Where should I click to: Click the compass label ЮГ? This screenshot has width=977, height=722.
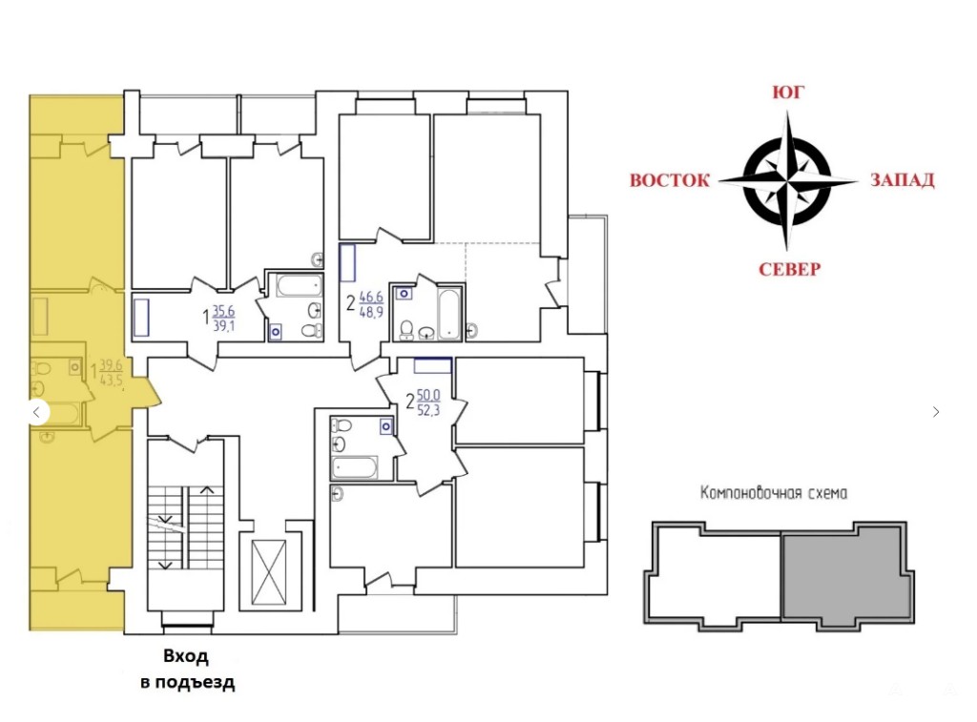pyautogui.click(x=788, y=93)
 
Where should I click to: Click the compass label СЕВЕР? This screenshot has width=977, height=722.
pyautogui.click(x=789, y=269)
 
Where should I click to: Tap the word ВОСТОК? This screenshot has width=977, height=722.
pyautogui.click(x=670, y=180)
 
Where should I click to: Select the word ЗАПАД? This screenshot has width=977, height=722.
pyautogui.click(x=903, y=180)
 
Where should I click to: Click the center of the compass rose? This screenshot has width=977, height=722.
pyautogui.click(x=787, y=181)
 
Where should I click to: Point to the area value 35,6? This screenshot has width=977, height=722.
pyautogui.click(x=223, y=311)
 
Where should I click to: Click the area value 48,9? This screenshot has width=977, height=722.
pyautogui.click(x=371, y=312)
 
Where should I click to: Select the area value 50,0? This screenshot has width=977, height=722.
pyautogui.click(x=428, y=395)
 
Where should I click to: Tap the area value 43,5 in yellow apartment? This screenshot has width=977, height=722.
pyautogui.click(x=111, y=380)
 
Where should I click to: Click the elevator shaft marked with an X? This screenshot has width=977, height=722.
pyautogui.click(x=268, y=572)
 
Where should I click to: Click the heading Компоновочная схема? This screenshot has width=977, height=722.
pyautogui.click(x=774, y=493)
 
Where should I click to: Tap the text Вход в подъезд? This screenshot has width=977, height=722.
pyautogui.click(x=187, y=669)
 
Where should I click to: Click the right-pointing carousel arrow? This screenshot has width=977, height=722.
pyautogui.click(x=936, y=412)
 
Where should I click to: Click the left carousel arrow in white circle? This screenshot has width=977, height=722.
pyautogui.click(x=37, y=412)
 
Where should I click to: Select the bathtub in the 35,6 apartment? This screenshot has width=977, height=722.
pyautogui.click(x=299, y=286)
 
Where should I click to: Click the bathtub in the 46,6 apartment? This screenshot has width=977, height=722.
pyautogui.click(x=448, y=313)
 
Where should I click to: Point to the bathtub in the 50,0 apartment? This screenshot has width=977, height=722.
pyautogui.click(x=354, y=467)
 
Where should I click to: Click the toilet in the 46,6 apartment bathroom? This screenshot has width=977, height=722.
pyautogui.click(x=406, y=330)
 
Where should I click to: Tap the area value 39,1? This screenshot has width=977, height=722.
pyautogui.click(x=223, y=325)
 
